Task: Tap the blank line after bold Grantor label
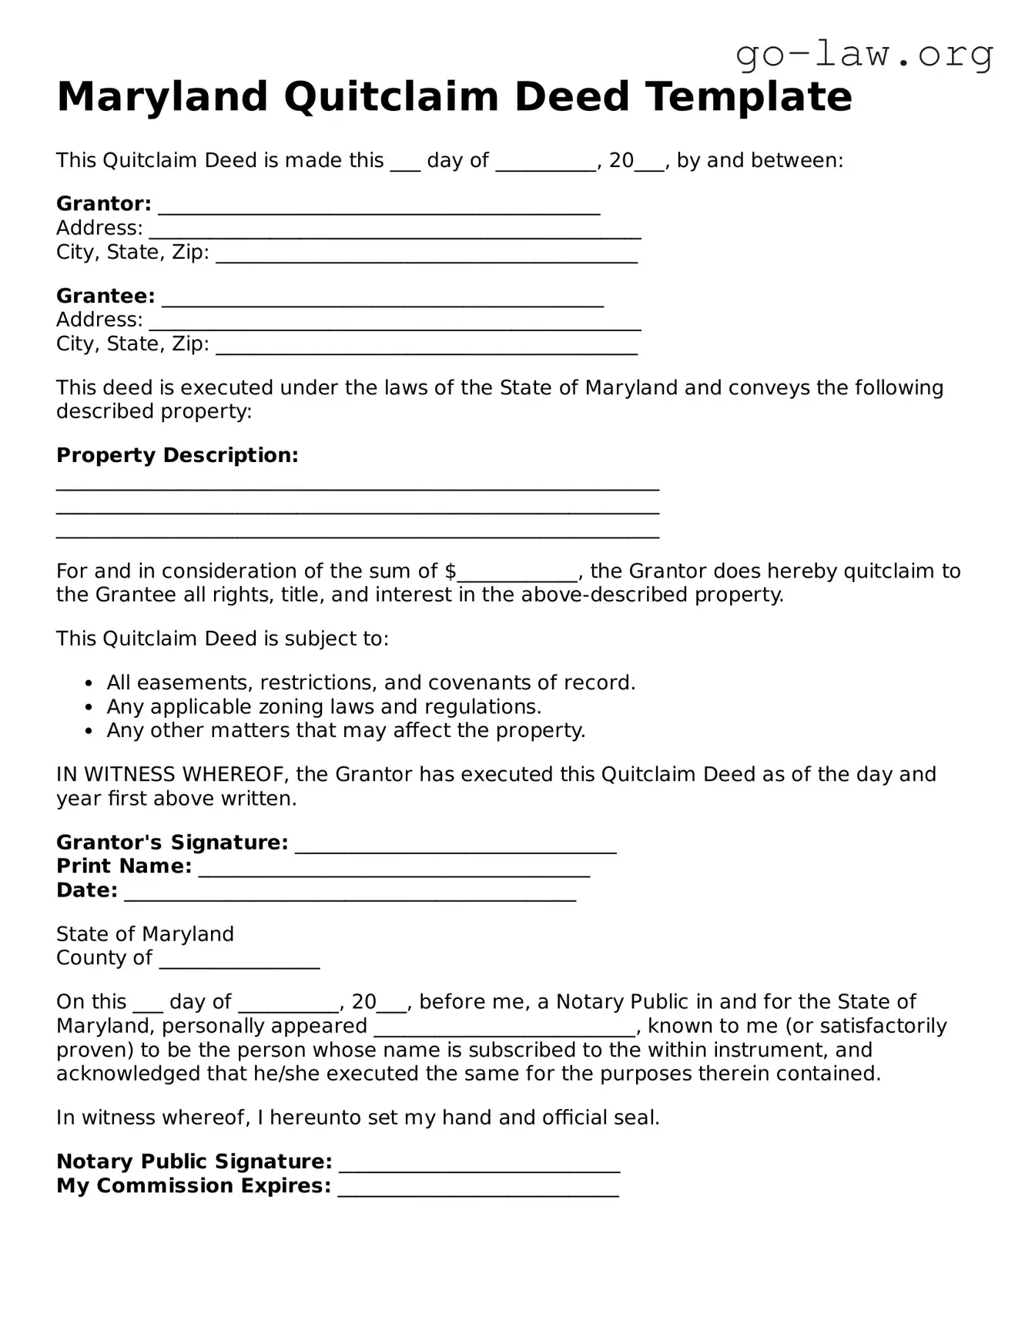coord(379,206)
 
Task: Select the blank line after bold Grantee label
coord(383,299)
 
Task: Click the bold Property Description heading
coord(177,455)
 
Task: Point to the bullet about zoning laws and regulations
coord(323,706)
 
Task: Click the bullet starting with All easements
coord(370,682)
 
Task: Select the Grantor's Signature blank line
coord(455,846)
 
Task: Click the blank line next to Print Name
coord(394,870)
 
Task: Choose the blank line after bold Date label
coord(350,893)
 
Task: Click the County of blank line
coord(239,961)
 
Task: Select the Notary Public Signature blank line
coord(479,1164)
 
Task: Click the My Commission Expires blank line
coord(478,1188)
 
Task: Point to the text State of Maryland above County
coord(145,934)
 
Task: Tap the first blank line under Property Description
coord(357,486)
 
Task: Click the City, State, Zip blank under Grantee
coord(427,347)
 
